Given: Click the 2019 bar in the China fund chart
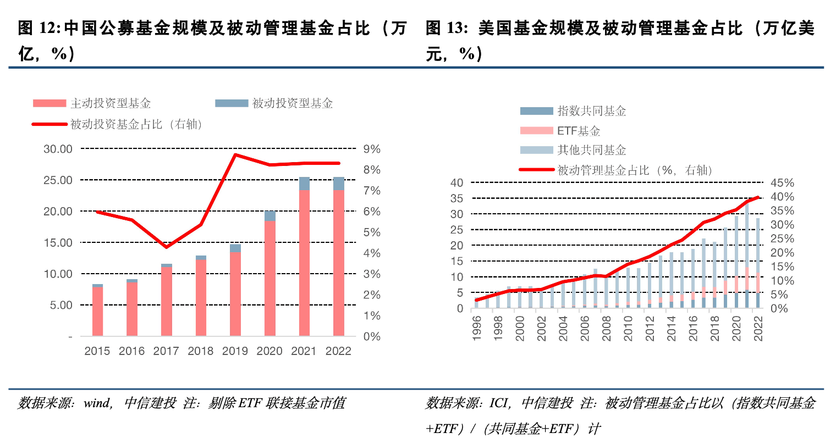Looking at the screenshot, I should (x=235, y=294).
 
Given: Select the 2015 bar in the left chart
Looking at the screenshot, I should (x=97, y=311).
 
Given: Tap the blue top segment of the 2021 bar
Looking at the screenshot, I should (x=304, y=184).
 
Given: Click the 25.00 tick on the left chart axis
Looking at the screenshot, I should (x=58, y=180).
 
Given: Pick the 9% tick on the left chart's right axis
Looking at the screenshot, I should (x=372, y=149).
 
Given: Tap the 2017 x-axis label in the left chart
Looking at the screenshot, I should (x=166, y=351).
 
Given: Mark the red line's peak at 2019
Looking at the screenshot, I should (x=235, y=154).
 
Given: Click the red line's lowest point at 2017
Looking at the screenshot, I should (x=166, y=247).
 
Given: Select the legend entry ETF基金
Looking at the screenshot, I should (x=578, y=131).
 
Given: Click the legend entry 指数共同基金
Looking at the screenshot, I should (x=591, y=111).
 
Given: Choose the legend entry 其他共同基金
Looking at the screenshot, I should (x=591, y=150).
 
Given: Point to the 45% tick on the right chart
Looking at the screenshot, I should (x=782, y=183).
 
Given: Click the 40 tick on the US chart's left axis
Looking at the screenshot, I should (x=457, y=183).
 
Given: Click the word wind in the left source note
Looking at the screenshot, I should (x=97, y=403).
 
